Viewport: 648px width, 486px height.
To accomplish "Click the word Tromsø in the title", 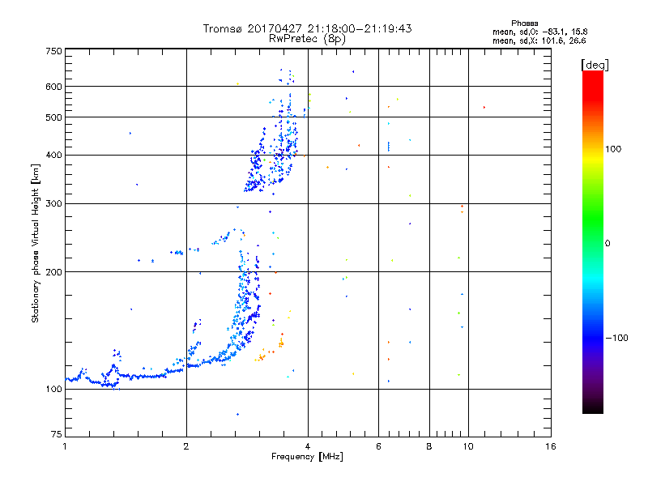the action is point(223,28).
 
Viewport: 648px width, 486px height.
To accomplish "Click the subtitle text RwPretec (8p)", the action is point(307,39).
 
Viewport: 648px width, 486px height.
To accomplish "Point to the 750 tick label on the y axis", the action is point(53,51).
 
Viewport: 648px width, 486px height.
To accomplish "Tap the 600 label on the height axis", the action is point(53,87).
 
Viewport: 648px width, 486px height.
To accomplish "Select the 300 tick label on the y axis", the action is point(53,203).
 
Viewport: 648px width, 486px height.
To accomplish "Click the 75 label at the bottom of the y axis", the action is point(57,434).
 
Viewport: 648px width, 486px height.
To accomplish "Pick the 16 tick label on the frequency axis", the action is point(551,446).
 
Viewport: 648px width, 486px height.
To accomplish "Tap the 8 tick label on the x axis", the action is point(429,446).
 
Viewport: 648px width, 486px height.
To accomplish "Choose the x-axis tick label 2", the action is point(186,446).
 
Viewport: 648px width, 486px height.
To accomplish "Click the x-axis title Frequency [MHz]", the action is point(307,457).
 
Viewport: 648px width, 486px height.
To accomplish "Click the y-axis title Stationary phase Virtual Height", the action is point(36,244).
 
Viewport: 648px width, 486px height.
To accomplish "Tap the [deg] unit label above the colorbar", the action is point(595,65).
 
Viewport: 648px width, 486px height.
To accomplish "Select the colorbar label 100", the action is point(613,149).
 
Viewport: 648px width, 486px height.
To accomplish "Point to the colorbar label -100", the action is point(616,338).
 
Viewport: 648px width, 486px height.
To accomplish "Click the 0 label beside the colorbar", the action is point(607,244).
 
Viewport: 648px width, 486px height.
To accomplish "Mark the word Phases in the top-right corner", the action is point(524,23).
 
